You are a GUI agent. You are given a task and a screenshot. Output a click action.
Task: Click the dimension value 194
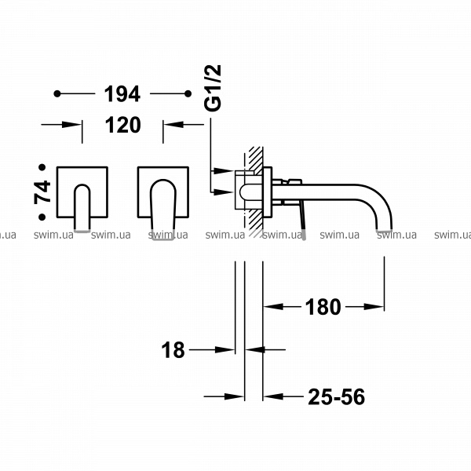pos(122,94)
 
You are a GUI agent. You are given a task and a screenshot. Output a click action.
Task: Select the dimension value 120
pos(123,125)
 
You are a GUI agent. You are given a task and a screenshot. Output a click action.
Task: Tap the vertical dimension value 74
pos(42,192)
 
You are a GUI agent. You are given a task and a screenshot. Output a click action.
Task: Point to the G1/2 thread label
pos(213,88)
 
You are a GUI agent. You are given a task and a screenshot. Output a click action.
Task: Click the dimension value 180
pos(323,307)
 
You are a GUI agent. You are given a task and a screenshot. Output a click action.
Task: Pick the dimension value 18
pos(173,350)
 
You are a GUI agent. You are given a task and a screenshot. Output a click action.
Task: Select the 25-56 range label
pos(337,396)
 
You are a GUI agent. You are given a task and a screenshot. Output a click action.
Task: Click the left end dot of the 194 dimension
pos(57,93)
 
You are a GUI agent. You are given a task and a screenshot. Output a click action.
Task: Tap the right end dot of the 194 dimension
pos(188,93)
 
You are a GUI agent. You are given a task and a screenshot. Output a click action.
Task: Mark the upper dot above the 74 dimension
pos(42,167)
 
